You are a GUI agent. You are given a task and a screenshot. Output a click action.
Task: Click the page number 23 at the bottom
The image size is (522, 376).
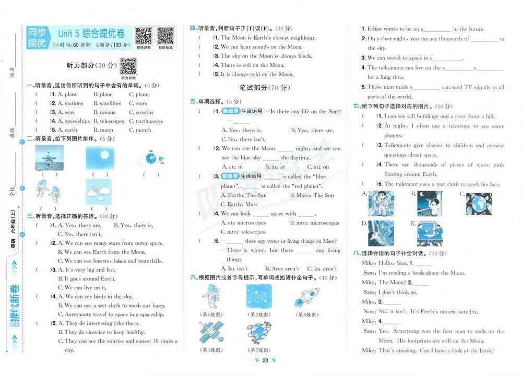(265, 360)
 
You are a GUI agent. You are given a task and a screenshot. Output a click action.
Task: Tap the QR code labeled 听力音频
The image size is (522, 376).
(128, 66)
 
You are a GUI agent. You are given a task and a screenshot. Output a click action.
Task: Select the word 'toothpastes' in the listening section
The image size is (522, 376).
(149, 121)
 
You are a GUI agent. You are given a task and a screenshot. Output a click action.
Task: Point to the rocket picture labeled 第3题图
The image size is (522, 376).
(307, 297)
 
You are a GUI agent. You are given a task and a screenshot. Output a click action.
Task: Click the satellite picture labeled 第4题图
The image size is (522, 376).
(211, 332)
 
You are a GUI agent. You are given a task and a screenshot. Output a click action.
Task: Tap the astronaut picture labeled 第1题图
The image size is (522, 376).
(211, 297)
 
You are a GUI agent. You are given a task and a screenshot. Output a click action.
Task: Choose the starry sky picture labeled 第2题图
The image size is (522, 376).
(259, 297)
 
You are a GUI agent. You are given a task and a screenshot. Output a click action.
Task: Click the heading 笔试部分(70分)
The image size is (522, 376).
(265, 88)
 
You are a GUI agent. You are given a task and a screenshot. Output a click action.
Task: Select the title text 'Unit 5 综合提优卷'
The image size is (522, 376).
(91, 33)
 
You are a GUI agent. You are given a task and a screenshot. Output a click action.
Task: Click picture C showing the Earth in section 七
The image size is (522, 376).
(479, 204)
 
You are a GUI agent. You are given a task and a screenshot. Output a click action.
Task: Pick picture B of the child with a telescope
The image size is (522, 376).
(430, 204)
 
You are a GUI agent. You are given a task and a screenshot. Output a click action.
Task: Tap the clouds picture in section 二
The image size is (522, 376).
(99, 192)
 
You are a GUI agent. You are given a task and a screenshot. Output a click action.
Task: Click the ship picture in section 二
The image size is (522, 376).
(49, 158)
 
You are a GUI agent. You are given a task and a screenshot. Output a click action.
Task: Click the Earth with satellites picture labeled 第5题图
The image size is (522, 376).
(259, 333)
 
